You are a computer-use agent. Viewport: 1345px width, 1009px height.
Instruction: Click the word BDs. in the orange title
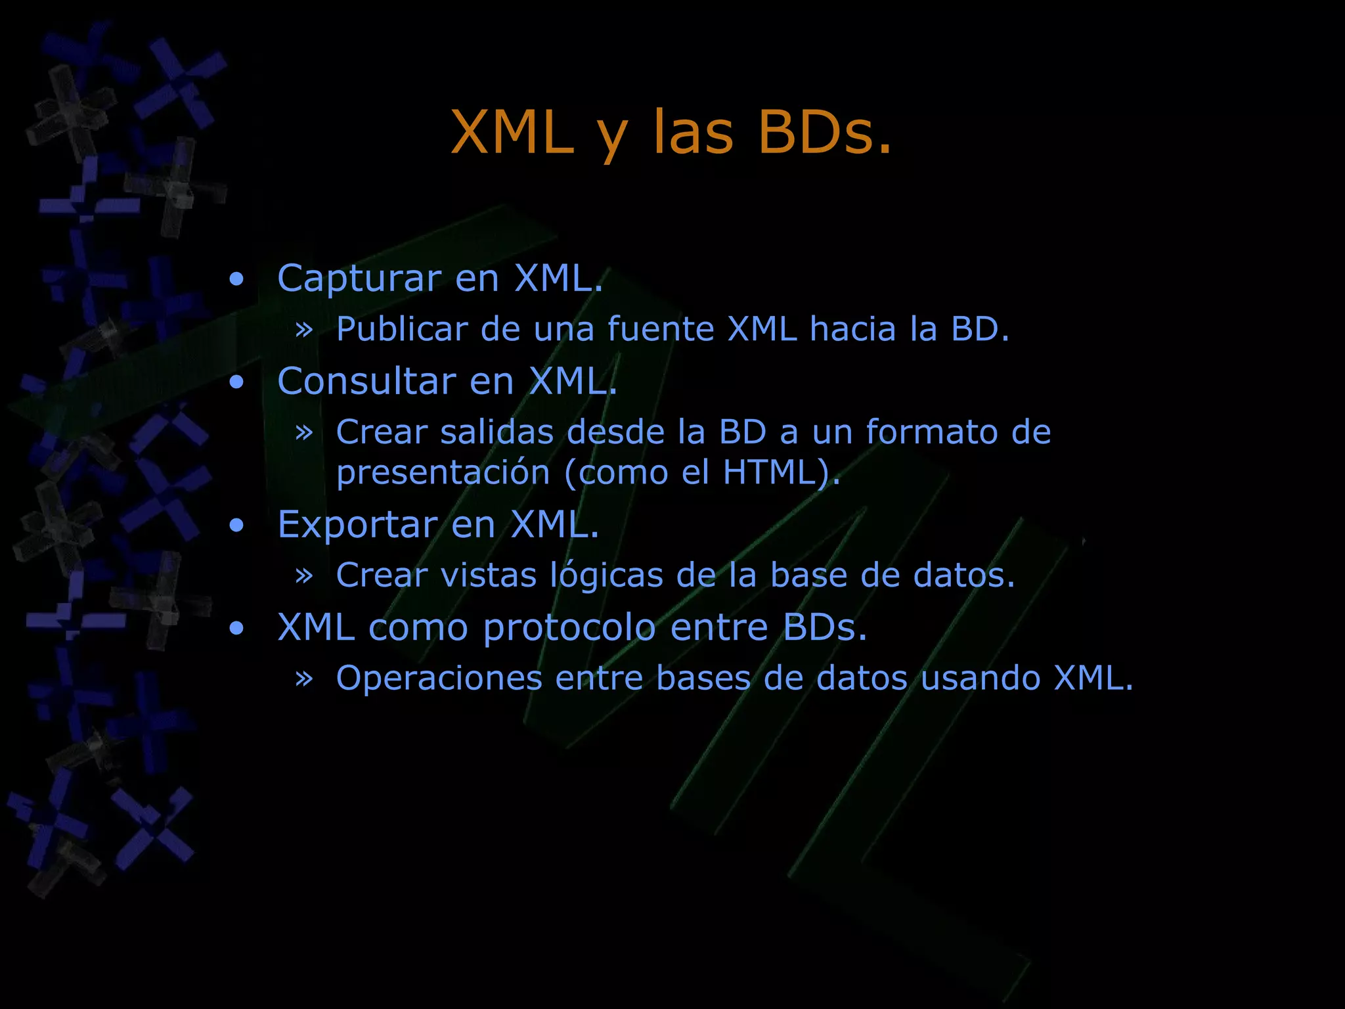[825, 133]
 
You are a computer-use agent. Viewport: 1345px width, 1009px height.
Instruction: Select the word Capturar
[359, 279]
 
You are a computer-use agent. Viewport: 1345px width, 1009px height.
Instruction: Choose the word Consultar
[366, 381]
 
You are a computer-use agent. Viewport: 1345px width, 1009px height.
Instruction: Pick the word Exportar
[357, 524]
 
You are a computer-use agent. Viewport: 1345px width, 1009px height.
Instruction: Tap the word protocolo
[569, 627]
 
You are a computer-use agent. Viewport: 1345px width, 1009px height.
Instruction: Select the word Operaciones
[439, 678]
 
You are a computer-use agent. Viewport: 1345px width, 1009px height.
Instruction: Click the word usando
[981, 678]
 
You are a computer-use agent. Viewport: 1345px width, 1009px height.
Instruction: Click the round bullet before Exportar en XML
[236, 526]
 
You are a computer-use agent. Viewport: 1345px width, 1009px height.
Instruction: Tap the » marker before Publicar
[303, 329]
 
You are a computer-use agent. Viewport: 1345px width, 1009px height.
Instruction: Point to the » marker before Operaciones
[303, 679]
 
